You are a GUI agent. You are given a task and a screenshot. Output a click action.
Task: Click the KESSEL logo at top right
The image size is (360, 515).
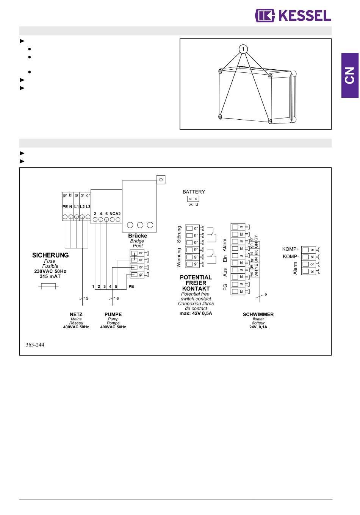pos(293,16)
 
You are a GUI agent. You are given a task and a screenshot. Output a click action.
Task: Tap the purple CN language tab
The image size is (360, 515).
pos(350,75)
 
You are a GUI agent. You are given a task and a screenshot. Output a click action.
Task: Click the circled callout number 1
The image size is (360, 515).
pos(243,49)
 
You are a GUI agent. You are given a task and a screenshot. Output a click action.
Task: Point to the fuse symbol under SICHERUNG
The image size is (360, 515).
pos(49,286)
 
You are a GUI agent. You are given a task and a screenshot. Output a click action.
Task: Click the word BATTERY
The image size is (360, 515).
pos(194,192)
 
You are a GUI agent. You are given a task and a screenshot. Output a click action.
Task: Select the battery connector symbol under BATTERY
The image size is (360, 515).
pos(193,199)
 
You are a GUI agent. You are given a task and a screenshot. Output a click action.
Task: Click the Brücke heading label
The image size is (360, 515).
pos(138,236)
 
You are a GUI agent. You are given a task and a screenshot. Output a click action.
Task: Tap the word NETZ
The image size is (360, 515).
pos(76,314)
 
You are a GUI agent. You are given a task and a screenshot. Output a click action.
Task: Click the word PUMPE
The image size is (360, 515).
pos(113,314)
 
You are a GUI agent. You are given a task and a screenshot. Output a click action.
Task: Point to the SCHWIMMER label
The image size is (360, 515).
pos(258,314)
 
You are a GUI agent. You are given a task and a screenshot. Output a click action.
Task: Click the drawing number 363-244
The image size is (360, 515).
pos(35,345)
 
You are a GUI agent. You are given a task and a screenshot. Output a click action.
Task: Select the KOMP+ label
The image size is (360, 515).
pos(291,249)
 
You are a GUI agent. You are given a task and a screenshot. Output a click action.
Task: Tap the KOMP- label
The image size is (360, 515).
pos(291,256)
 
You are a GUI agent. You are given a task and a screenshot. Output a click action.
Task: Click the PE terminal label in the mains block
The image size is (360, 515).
pos(65,207)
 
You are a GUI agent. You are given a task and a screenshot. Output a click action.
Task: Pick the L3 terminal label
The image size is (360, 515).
pos(88,207)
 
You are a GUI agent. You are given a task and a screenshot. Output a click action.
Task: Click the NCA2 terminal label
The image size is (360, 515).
pos(115,214)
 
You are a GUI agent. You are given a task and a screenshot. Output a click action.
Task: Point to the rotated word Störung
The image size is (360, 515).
pos(179,234)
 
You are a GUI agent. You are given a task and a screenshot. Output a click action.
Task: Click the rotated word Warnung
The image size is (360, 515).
pos(179,258)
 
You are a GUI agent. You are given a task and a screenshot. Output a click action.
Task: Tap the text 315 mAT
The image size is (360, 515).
pos(50,276)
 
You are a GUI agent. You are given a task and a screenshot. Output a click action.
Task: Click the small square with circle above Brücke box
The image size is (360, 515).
pos(161,179)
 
